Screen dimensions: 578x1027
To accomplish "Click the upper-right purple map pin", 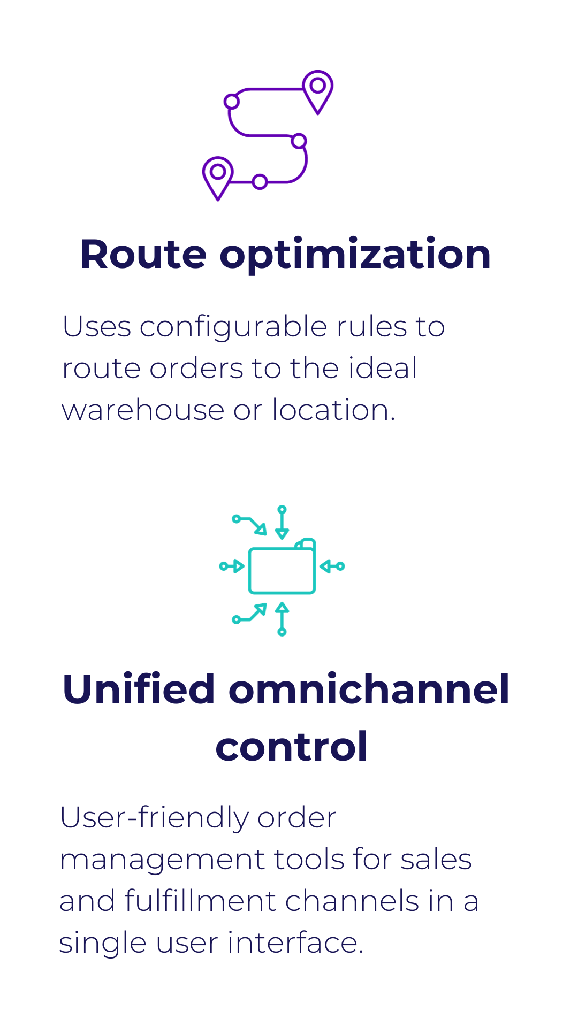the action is [318, 91].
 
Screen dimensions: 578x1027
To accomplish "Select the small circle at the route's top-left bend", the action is [231, 101].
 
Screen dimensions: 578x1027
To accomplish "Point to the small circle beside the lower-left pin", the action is [260, 182].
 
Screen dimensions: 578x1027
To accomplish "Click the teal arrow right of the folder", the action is [332, 566].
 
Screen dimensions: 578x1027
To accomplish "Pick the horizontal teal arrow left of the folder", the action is [232, 566].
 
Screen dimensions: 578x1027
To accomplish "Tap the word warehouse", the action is [143, 410].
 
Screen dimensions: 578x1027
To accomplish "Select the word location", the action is [333, 410].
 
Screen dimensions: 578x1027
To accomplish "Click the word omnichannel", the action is [369, 689].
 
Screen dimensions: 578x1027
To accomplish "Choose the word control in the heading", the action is [292, 747].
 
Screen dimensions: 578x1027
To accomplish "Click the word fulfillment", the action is [200, 901].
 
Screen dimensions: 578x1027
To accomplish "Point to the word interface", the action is [295, 942].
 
